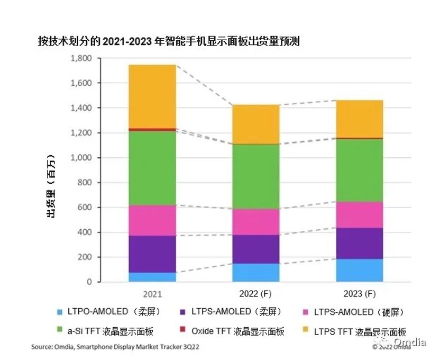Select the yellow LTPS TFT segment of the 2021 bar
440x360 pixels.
point(152,96)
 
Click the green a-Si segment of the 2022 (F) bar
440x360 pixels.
point(256,176)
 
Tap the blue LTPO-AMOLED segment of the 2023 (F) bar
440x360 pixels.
point(360,270)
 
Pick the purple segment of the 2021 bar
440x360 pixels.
point(152,254)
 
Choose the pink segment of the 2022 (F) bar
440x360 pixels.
point(256,222)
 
